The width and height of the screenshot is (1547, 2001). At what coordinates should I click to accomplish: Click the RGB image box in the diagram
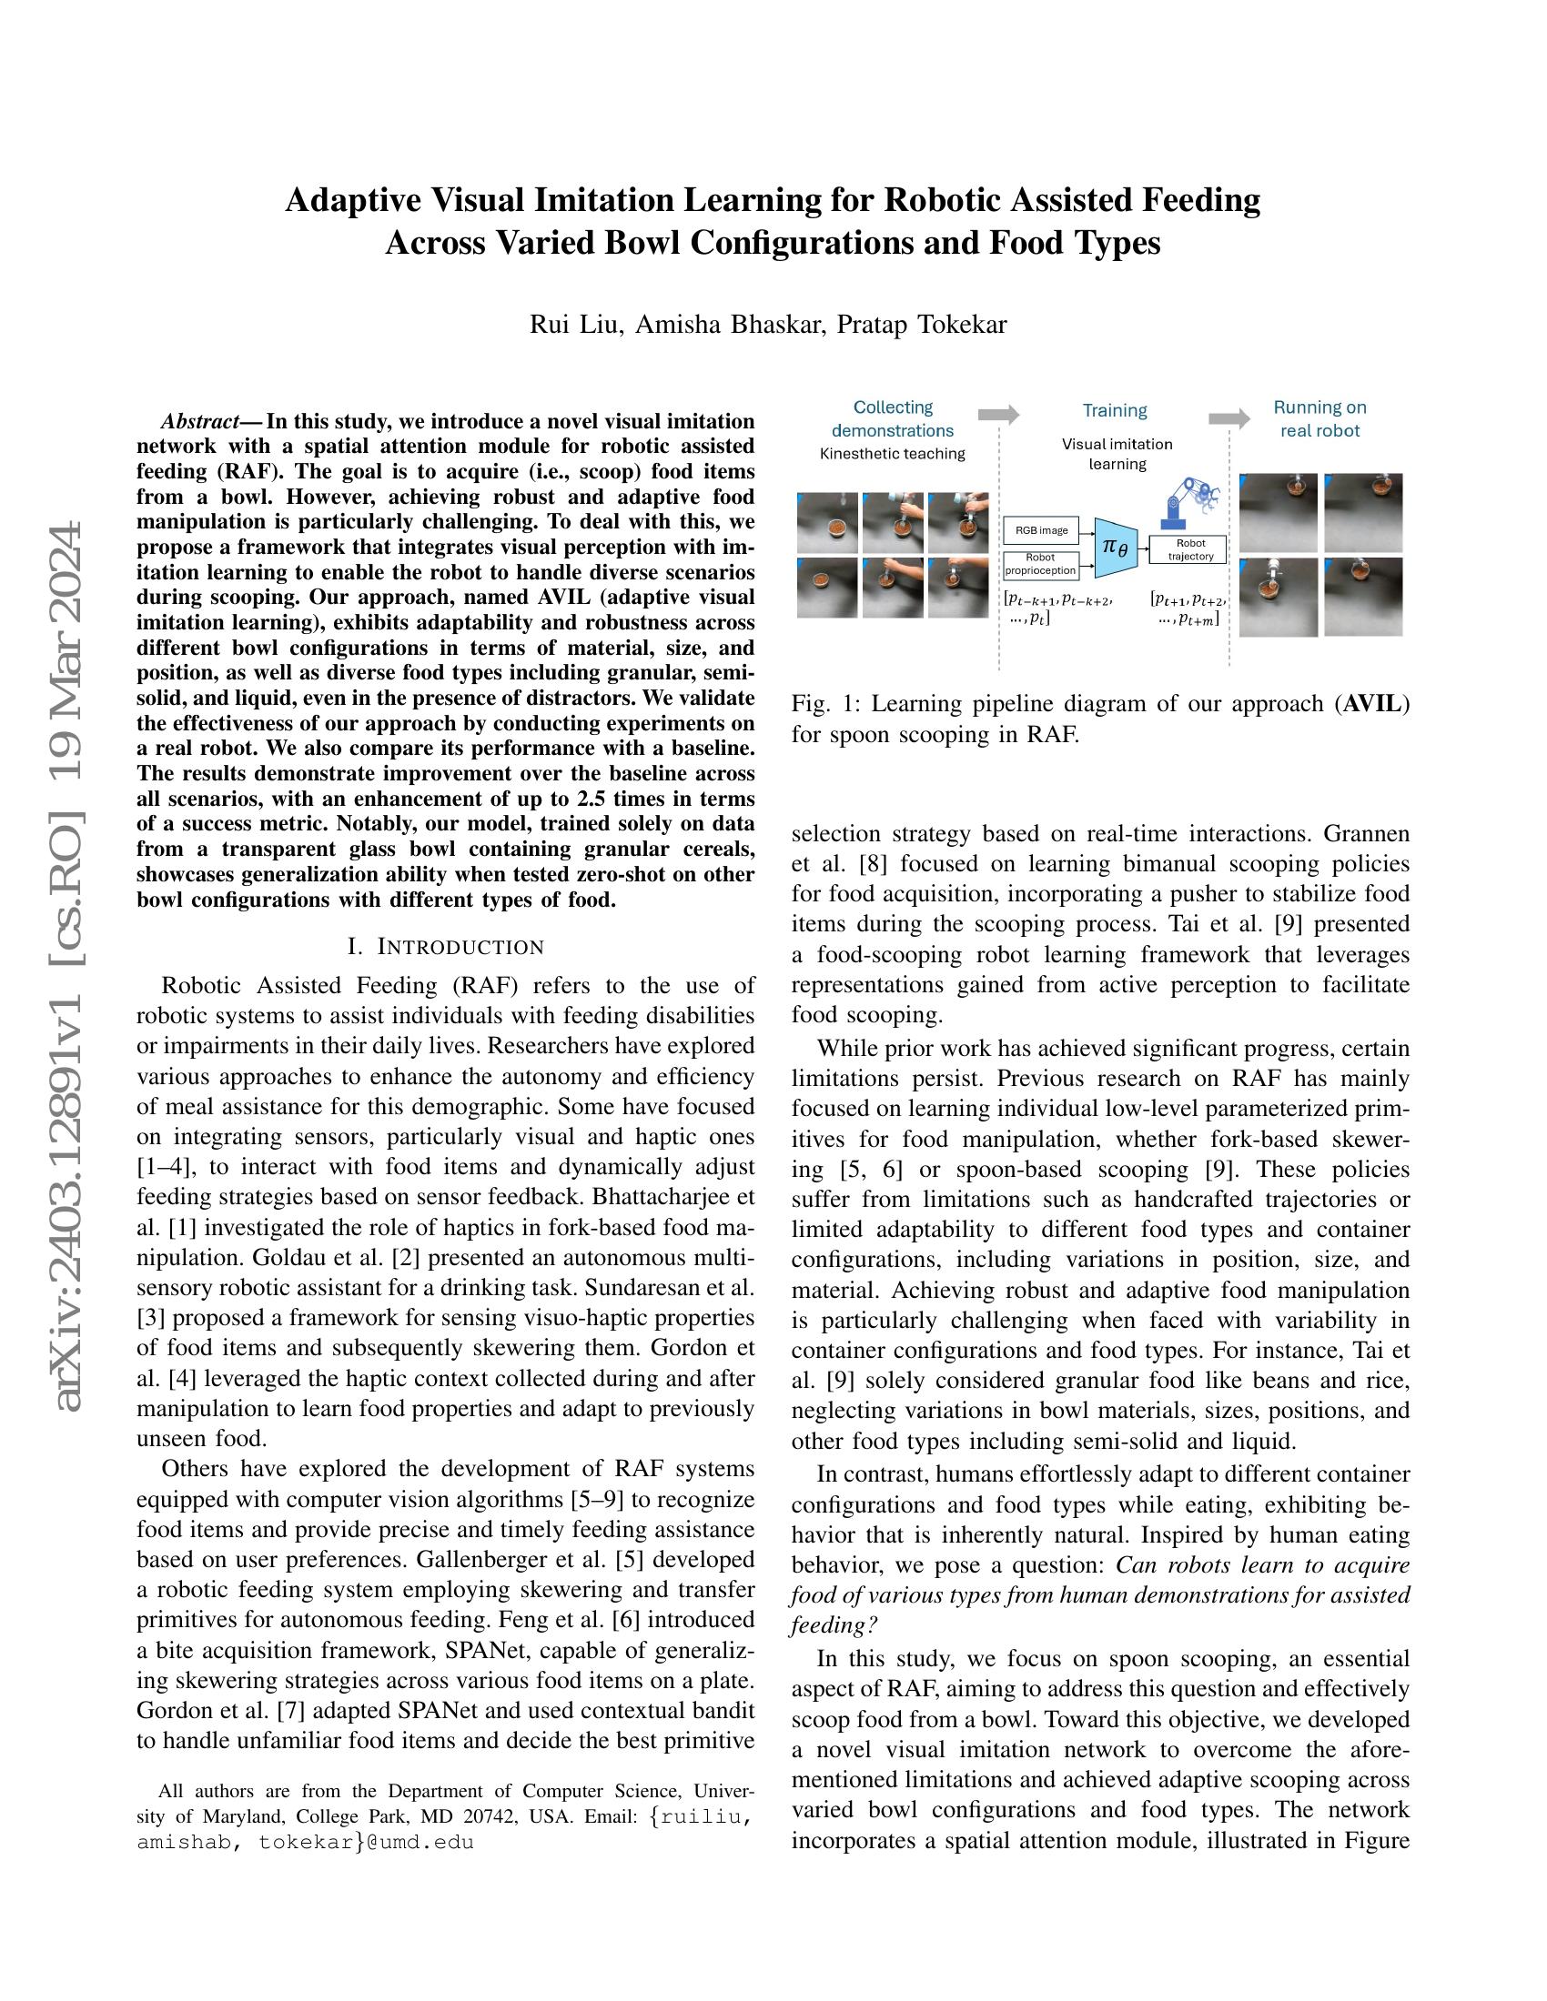(x=1042, y=530)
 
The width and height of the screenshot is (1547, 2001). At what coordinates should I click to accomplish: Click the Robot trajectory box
(x=1190, y=549)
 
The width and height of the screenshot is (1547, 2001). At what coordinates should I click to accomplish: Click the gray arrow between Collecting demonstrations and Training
(x=998, y=414)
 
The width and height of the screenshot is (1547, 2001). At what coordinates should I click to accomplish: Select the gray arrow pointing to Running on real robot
(x=1228, y=418)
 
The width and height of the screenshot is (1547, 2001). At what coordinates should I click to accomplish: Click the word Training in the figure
(x=1115, y=410)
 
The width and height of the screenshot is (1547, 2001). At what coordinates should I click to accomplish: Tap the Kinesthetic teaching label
(x=892, y=454)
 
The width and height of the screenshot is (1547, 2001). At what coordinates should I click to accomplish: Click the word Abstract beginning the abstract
(x=200, y=421)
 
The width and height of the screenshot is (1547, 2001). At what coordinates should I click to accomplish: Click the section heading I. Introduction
(x=445, y=947)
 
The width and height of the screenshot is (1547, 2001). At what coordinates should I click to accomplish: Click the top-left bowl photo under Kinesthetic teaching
(x=827, y=522)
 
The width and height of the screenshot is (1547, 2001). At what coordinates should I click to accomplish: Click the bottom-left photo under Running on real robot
(x=1279, y=598)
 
